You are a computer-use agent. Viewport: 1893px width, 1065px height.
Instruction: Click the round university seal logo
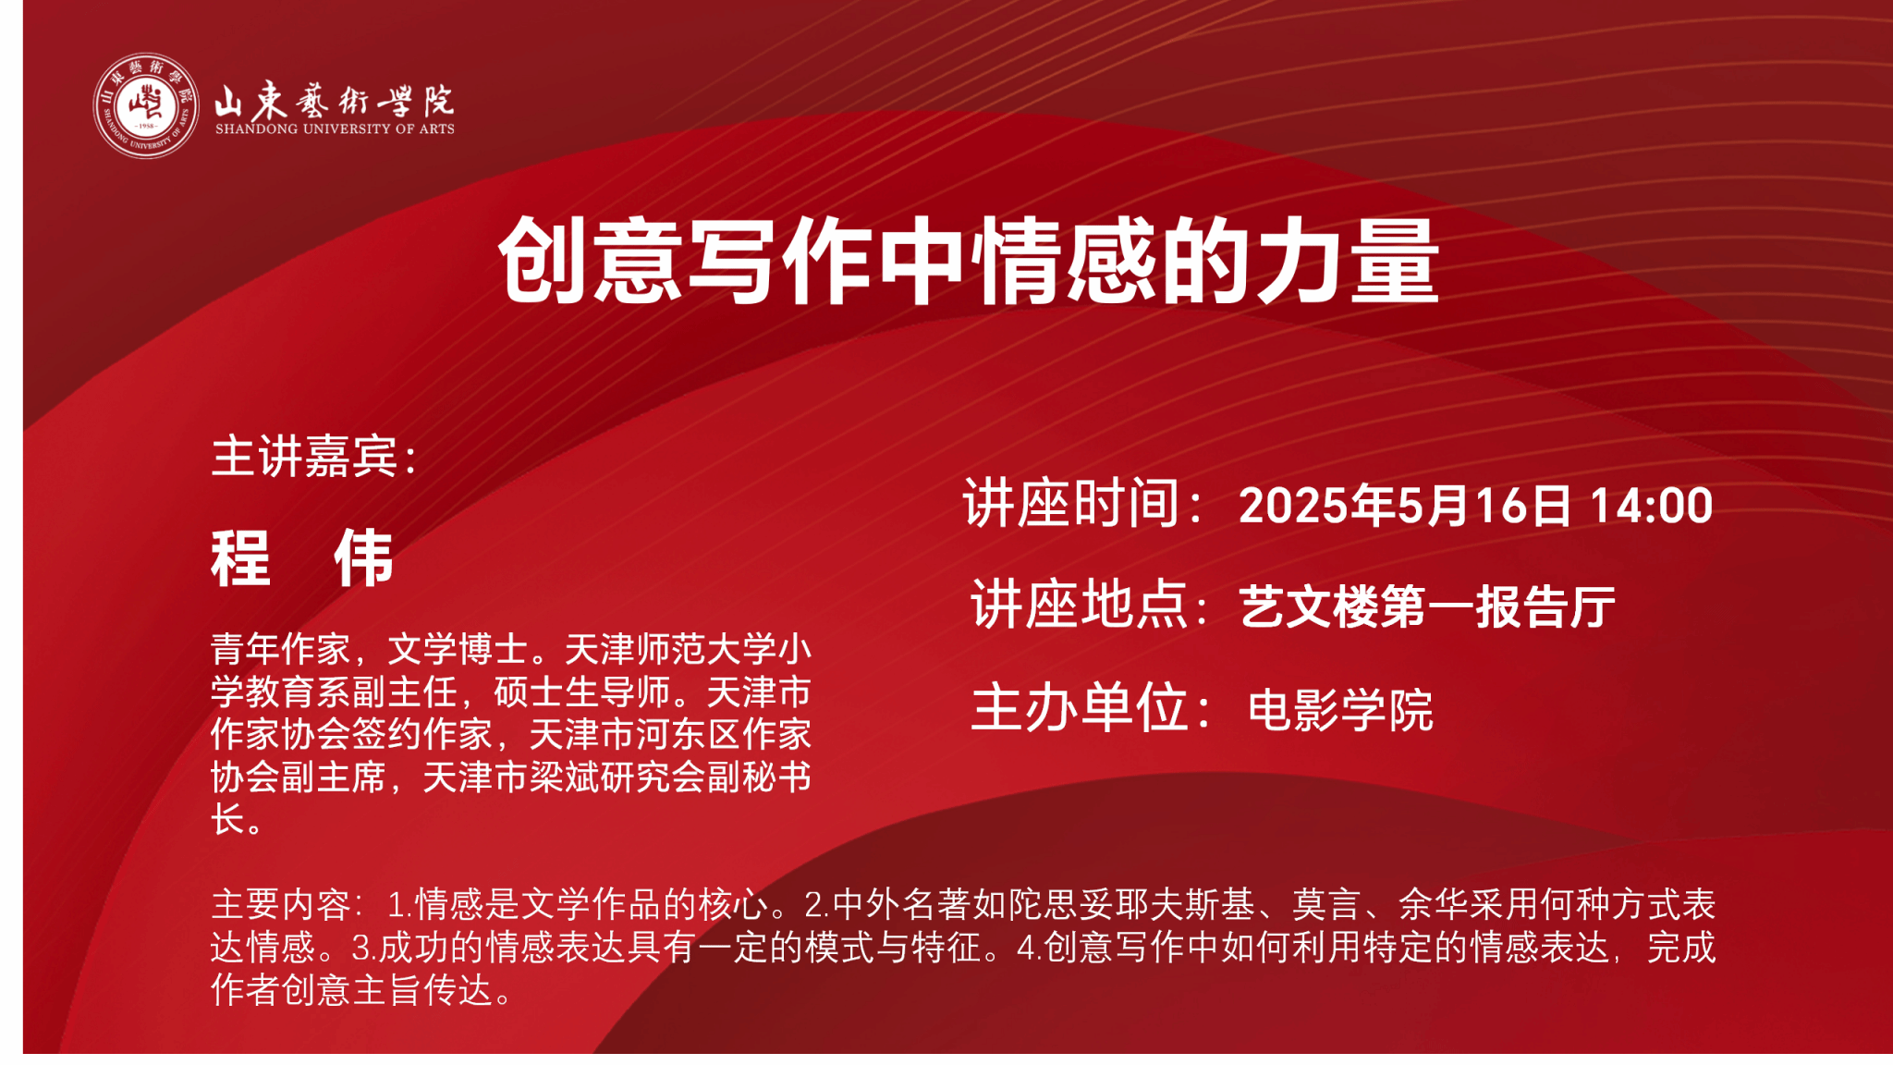coord(146,105)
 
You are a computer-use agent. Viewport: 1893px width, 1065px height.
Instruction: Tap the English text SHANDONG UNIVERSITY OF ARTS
coord(335,129)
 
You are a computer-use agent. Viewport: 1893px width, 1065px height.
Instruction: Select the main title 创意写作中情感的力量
coord(969,261)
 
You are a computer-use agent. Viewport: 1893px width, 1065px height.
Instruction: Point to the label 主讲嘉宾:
coord(314,457)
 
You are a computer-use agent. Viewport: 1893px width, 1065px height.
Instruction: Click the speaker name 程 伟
coord(302,558)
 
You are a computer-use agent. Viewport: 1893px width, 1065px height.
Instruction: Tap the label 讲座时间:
coord(1082,504)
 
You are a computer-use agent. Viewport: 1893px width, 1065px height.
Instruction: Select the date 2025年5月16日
coord(1405,506)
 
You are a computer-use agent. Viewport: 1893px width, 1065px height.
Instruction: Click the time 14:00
coord(1652,506)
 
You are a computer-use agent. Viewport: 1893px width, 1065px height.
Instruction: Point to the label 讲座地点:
coord(1090,606)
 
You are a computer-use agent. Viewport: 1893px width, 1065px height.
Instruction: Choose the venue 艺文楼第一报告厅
coord(1427,607)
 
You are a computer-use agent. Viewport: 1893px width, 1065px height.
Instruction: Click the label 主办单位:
coord(1091,708)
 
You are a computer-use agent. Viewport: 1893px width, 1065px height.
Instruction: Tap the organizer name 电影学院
coord(1340,710)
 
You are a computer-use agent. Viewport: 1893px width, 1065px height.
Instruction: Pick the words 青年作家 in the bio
coord(281,649)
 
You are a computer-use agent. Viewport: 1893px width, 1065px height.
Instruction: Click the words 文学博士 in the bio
coord(458,649)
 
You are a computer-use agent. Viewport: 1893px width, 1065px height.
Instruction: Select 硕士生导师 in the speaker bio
coord(581,692)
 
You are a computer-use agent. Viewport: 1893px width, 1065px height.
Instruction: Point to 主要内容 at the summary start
coord(281,904)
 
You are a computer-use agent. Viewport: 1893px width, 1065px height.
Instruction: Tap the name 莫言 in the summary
coord(1326,904)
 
